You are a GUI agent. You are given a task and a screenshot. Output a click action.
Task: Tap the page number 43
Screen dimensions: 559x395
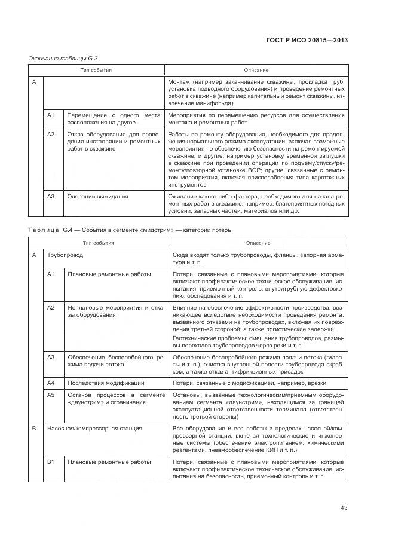coord(344,508)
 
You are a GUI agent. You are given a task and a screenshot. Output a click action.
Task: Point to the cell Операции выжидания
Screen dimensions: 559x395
coord(97,196)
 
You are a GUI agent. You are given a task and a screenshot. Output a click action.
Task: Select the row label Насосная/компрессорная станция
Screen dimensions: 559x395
coord(94,429)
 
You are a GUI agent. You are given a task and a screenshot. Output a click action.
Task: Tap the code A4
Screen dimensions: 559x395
coord(51,383)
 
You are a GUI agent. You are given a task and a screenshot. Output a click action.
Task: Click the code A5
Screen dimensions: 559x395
coord(51,395)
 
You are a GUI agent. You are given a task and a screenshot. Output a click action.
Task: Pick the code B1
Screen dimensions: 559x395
coord(51,463)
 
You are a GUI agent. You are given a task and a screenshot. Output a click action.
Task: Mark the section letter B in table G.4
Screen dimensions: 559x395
coord(34,429)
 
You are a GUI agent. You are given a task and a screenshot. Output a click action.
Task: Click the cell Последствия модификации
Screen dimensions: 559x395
coord(105,383)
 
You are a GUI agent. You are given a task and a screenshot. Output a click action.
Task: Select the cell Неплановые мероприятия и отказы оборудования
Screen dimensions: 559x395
coord(114,311)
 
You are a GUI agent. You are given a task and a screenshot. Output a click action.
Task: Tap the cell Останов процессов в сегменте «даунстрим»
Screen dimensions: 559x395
coord(114,399)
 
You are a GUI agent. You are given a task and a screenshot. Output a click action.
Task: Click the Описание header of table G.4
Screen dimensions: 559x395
coord(258,243)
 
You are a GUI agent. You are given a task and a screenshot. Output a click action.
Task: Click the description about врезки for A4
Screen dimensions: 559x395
coord(258,383)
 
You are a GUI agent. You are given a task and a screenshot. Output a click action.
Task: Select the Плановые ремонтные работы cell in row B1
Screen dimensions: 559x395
coord(109,463)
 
